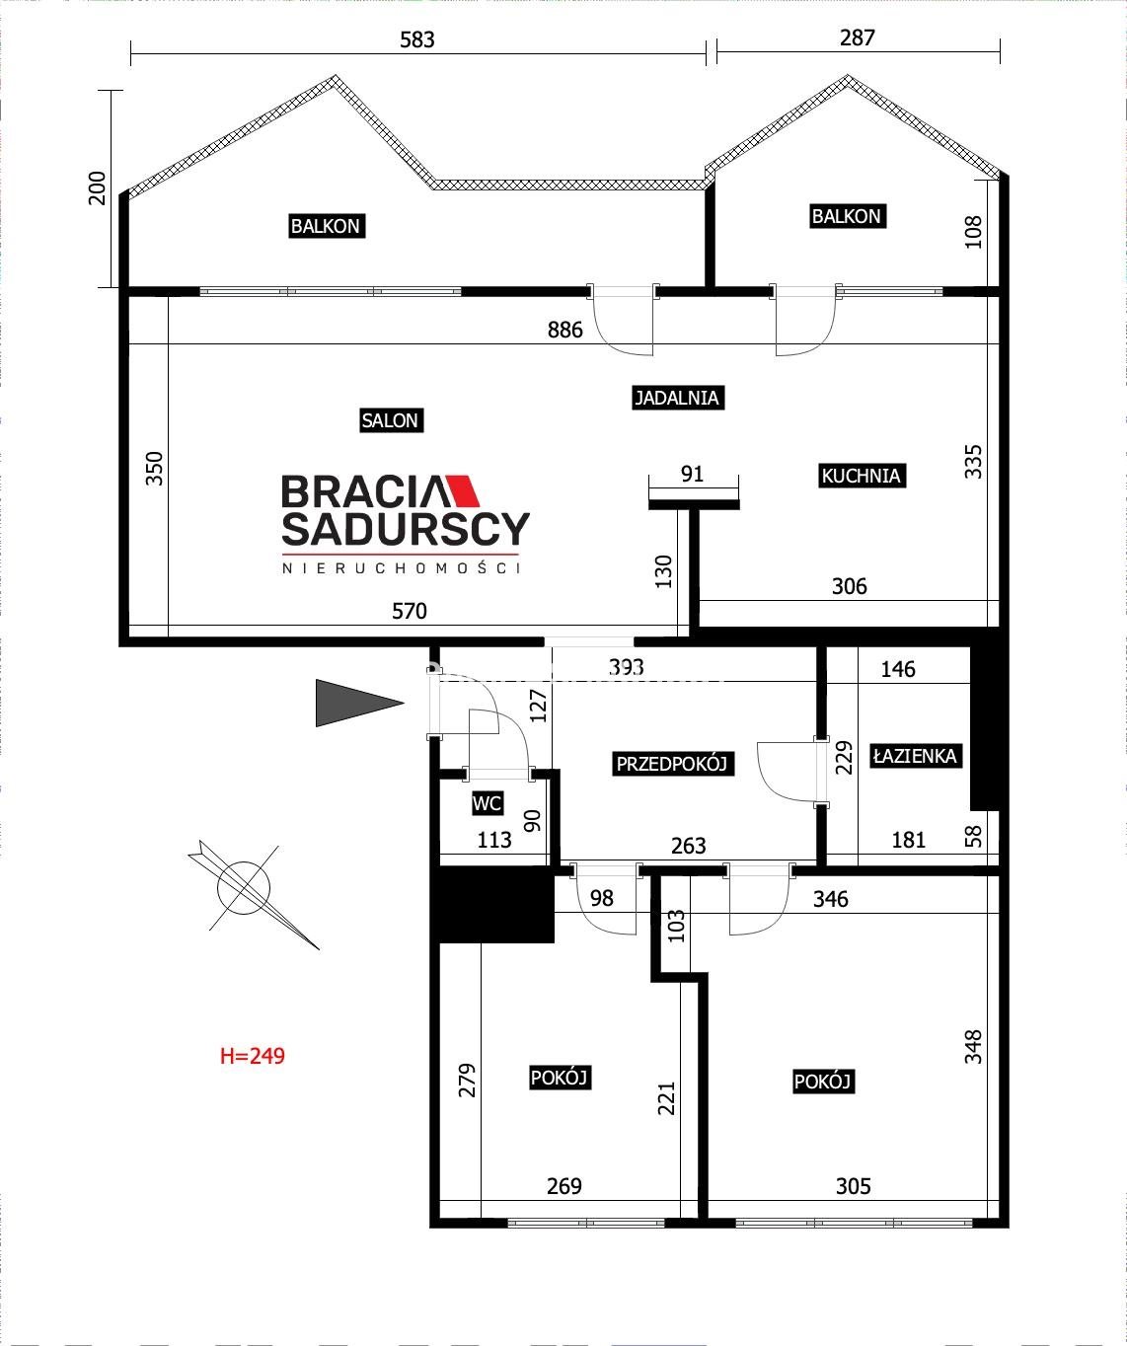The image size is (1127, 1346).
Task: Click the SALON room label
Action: (391, 420)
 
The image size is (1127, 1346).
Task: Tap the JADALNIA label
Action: (677, 397)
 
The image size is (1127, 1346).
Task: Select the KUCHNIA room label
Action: (862, 475)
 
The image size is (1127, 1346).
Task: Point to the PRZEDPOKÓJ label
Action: (672, 763)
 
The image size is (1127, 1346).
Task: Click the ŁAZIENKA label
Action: (915, 755)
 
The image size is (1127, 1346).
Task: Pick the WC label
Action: (487, 803)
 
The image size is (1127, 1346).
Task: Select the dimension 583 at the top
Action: (416, 40)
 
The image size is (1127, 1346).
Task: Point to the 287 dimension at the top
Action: (857, 38)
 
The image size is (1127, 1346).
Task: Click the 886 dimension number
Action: (564, 330)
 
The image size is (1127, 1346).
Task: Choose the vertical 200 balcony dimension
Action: (98, 188)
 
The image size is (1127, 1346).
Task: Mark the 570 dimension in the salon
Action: (410, 611)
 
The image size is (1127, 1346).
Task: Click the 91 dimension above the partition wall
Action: (692, 474)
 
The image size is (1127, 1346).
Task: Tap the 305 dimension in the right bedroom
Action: (853, 1186)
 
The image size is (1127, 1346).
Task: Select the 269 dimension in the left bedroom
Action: (564, 1186)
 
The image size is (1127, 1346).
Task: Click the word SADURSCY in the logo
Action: (406, 529)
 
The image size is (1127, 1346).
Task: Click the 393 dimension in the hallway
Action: (626, 667)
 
